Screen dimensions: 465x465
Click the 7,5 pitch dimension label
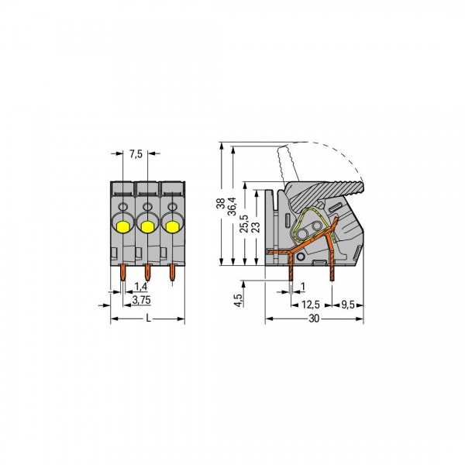(x=135, y=153)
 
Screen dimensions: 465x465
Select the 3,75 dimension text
(x=140, y=299)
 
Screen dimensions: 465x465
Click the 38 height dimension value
(x=221, y=205)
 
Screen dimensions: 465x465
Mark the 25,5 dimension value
(x=243, y=224)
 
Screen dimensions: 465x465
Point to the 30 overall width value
(x=312, y=319)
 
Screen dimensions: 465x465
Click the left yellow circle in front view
(x=122, y=226)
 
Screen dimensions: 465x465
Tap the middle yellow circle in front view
(x=147, y=226)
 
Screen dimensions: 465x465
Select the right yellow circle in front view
(x=172, y=226)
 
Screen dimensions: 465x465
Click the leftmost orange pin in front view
(x=124, y=273)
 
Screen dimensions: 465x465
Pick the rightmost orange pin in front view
(x=174, y=273)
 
